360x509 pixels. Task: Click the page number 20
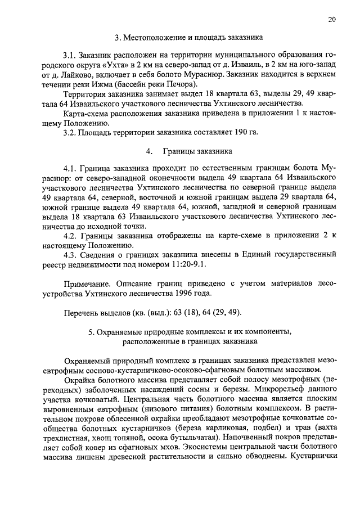coord(333,19)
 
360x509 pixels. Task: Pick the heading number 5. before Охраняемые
coord(92,332)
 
